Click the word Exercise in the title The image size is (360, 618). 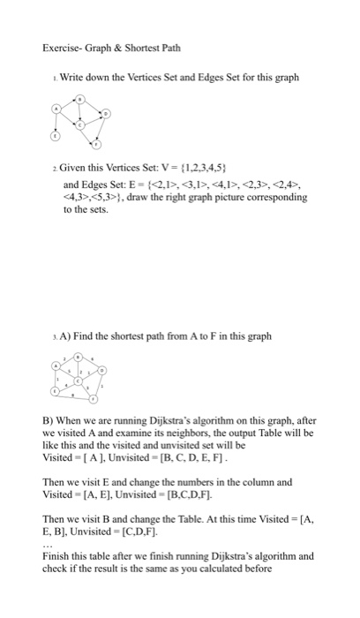(59, 47)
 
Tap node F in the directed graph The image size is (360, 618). (97, 143)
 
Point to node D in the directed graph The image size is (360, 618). (108, 114)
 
